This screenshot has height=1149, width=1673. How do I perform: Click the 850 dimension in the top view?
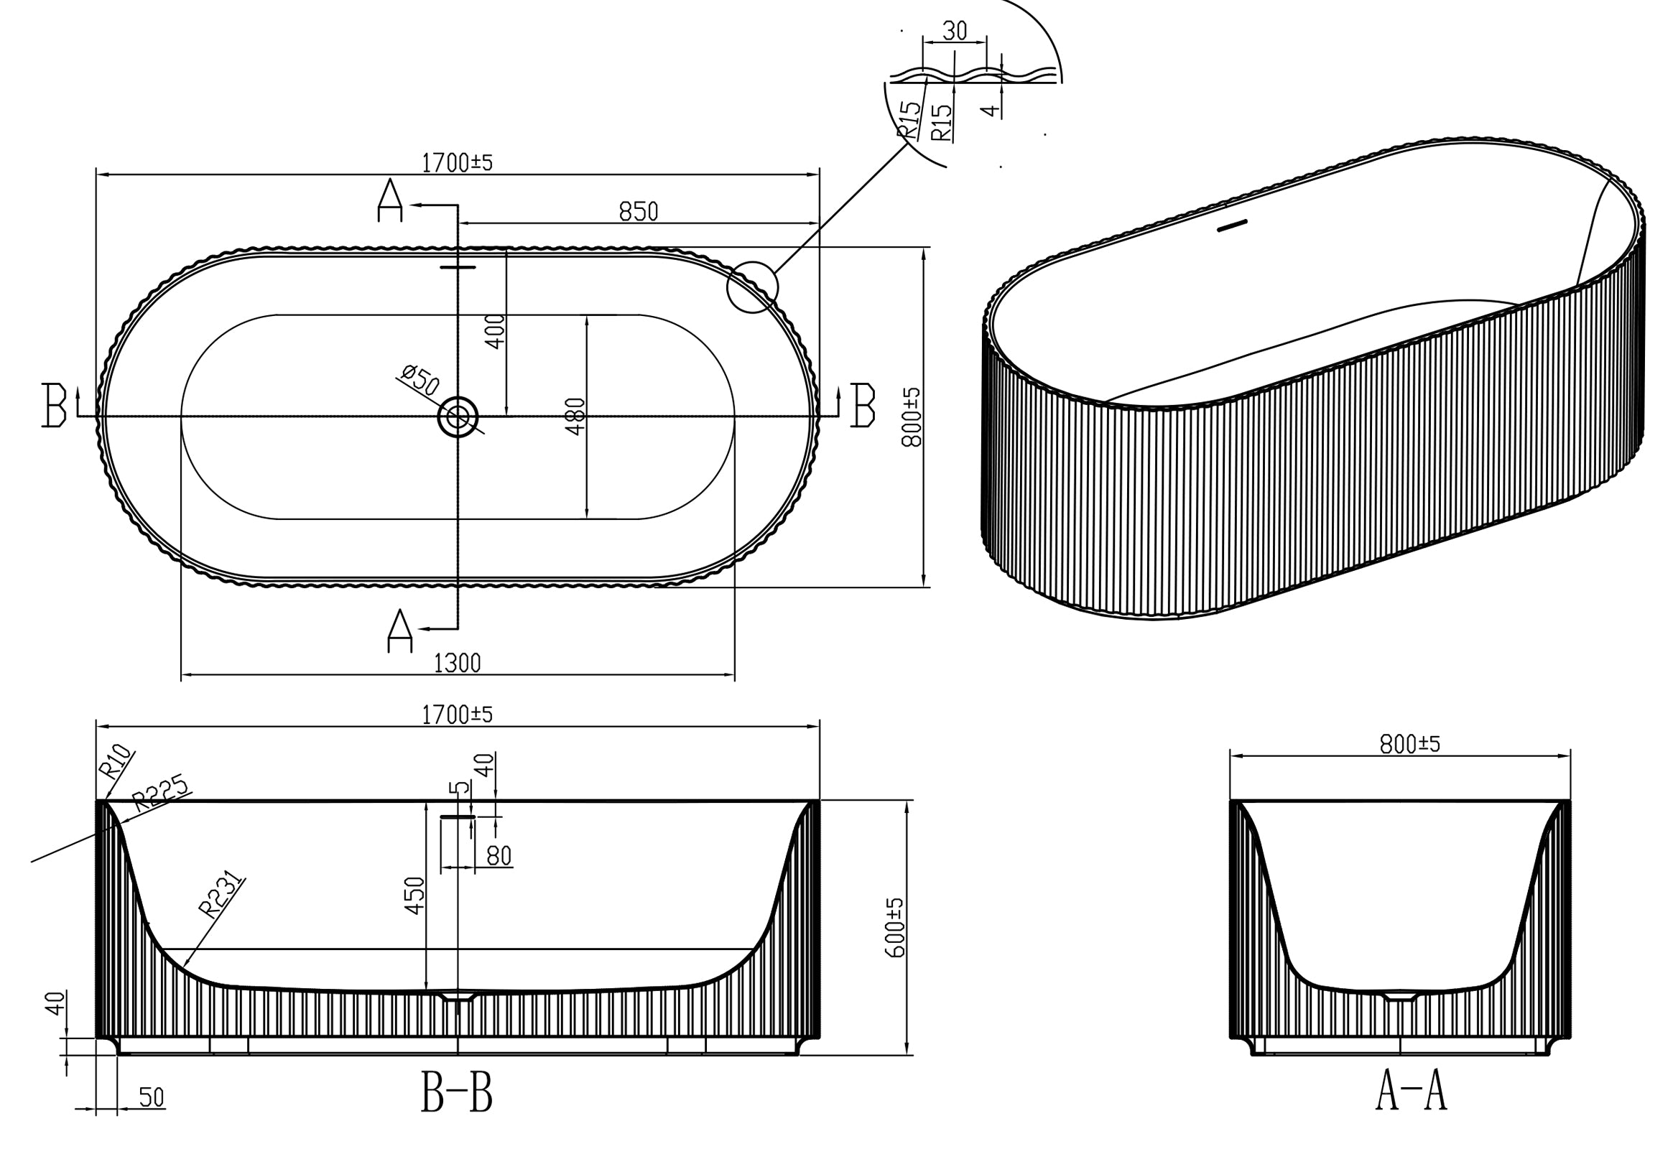coord(638,211)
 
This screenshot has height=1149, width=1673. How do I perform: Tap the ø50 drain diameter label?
coord(420,379)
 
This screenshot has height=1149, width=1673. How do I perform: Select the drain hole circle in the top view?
coord(458,416)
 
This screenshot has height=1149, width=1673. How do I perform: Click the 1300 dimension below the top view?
coord(457,662)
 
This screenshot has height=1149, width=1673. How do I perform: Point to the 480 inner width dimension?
coord(575,416)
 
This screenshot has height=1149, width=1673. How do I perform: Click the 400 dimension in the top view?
coord(496,331)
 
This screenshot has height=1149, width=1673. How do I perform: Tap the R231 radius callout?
coord(221,895)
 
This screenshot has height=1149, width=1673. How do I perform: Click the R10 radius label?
coord(116,762)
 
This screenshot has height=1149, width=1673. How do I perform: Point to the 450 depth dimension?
coord(414,895)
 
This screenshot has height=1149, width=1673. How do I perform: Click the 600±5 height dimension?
coord(894,927)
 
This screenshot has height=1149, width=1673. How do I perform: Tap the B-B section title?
coord(457,1092)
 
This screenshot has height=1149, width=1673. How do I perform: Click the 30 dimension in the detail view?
coord(954,31)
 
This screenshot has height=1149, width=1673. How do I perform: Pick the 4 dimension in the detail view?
coord(991,109)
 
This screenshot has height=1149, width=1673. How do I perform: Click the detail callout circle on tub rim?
coord(752,287)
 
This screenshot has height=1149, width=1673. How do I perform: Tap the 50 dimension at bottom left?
coord(152,1097)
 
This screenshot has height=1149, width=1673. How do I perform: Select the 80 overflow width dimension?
coord(499,855)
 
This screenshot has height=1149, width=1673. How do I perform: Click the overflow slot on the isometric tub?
coord(1231,226)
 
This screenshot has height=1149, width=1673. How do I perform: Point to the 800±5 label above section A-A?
coord(1409,744)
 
